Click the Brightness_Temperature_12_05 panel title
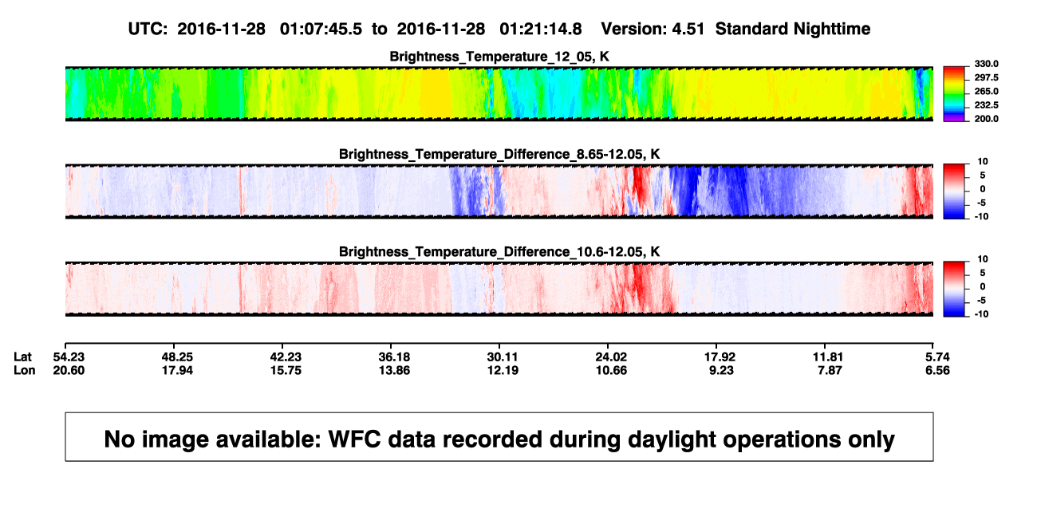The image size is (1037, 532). point(499,57)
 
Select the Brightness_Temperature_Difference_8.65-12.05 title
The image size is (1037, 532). point(499,154)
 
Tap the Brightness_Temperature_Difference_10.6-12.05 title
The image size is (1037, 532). point(499,252)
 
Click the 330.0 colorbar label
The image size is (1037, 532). point(986,64)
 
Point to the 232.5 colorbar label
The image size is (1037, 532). point(986,105)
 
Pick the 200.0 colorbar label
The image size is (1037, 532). point(986,119)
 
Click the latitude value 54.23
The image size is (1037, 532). point(69,357)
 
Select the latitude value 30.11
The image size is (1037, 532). point(503,357)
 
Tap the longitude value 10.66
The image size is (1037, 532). point(611,370)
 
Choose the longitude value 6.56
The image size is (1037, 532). point(937,370)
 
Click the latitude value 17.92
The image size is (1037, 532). point(720,357)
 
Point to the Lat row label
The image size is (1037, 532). point(22,357)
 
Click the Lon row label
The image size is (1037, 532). point(24,370)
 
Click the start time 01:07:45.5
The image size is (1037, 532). point(321,30)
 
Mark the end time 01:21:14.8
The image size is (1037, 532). point(541,30)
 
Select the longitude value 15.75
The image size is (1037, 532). point(286,370)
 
